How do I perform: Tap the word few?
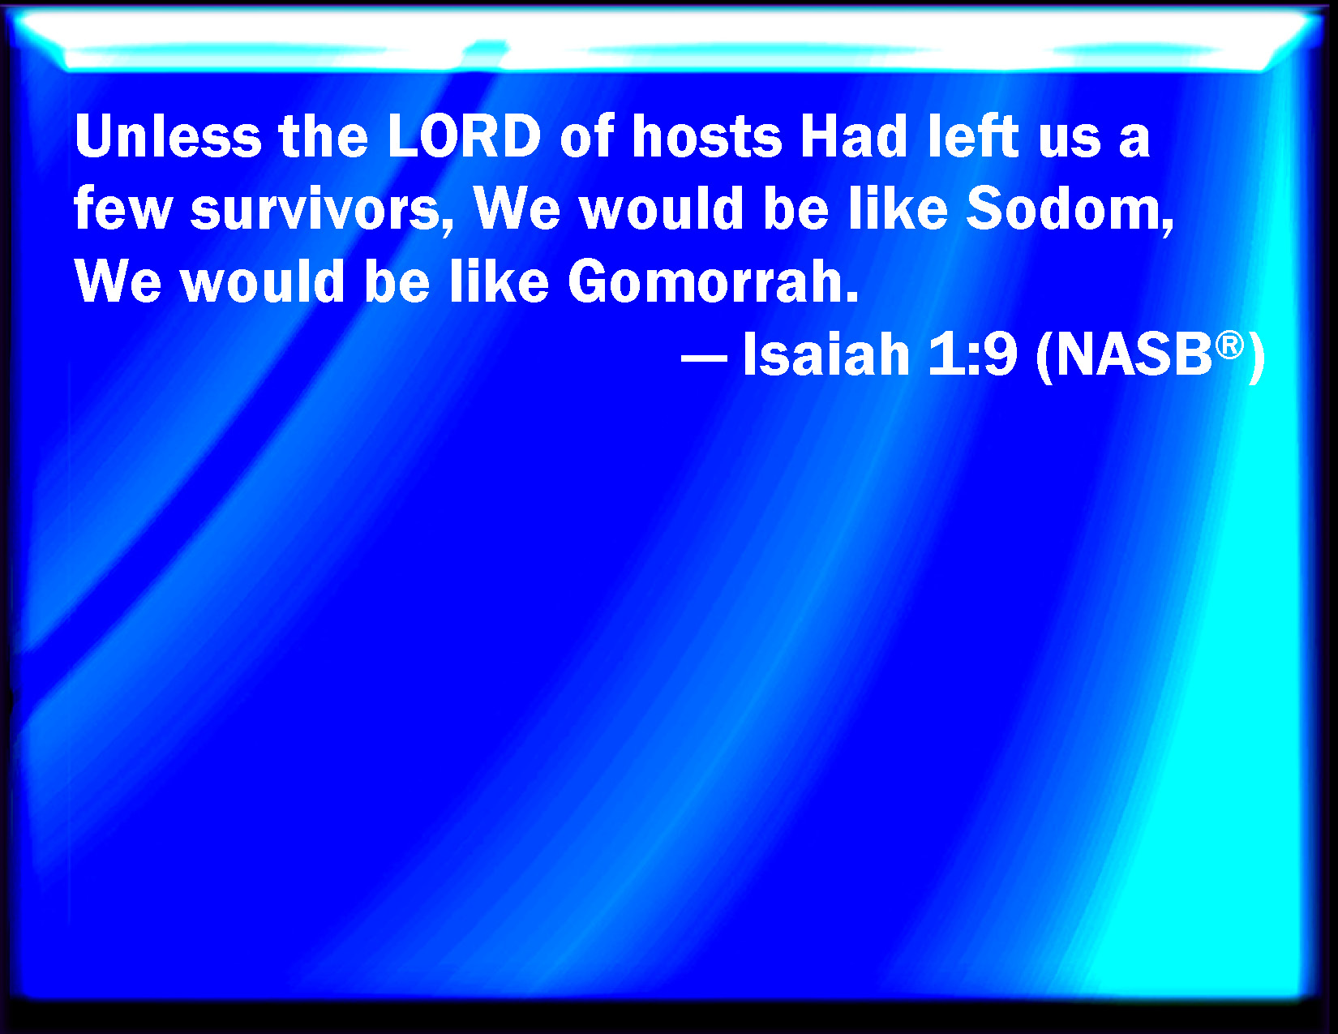[x=122, y=208]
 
